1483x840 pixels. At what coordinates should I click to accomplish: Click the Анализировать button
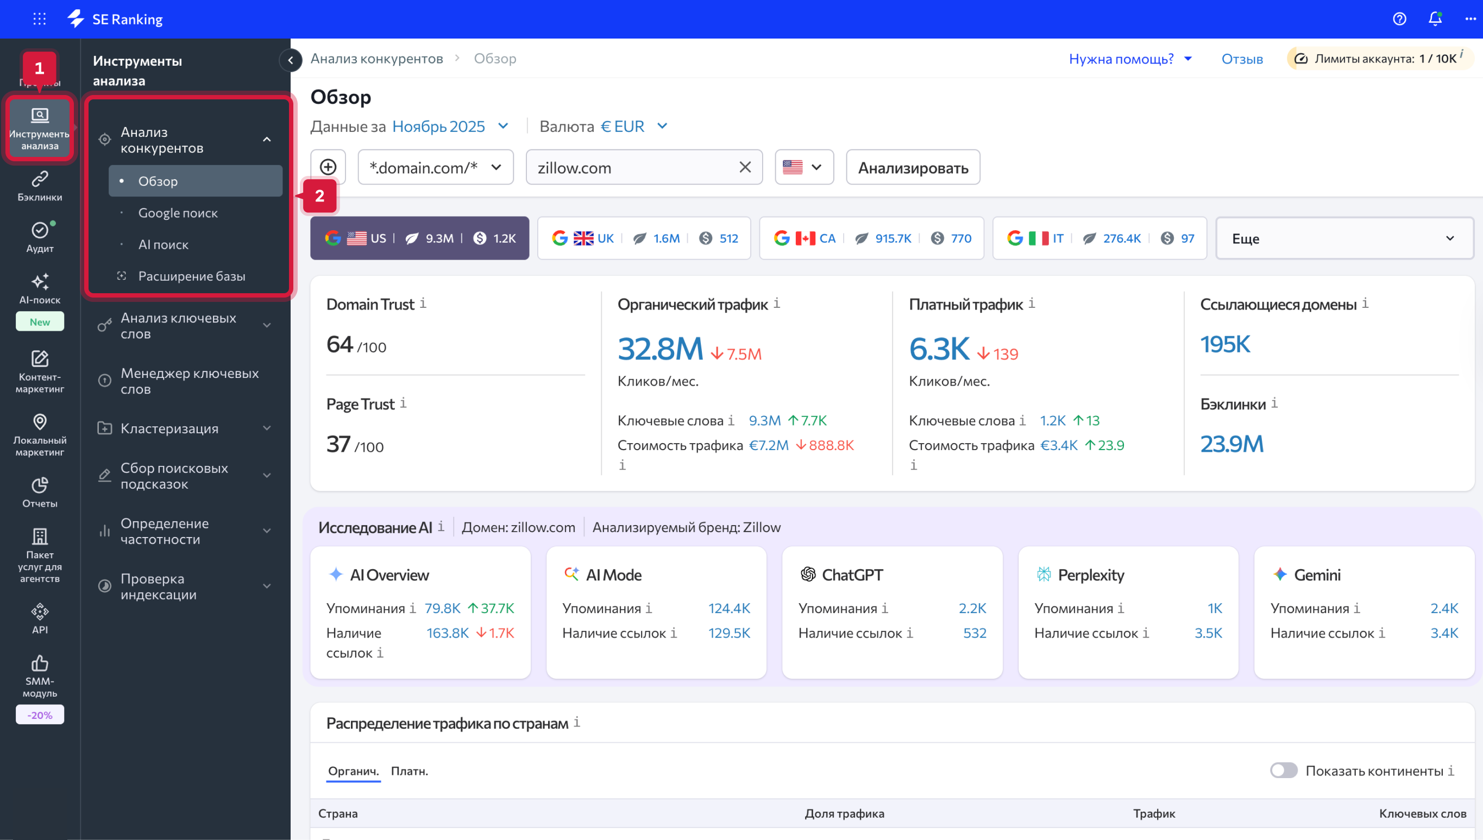912,168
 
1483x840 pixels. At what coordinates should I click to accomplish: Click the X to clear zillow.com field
745,167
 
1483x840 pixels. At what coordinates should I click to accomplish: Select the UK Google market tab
643,238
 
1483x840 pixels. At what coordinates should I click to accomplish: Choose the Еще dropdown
1344,238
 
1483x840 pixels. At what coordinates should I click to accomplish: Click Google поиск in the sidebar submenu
178,213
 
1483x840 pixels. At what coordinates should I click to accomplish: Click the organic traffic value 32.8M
660,349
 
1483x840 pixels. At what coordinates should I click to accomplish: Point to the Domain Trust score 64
340,344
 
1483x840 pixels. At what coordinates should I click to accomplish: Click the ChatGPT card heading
852,574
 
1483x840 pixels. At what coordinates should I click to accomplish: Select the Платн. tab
409,771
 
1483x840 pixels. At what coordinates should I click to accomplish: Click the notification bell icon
1435,19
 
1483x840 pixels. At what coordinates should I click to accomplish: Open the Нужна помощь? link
1121,59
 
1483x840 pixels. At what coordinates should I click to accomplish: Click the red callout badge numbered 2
319,196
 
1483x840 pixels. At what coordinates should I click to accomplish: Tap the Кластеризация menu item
169,428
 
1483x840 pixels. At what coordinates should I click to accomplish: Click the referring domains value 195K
1224,344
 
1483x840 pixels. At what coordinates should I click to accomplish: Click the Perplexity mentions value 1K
1214,608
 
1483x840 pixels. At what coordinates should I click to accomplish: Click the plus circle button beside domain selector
328,167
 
